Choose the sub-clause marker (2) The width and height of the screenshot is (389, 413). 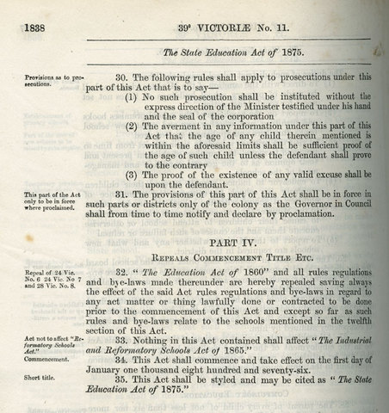134,127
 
